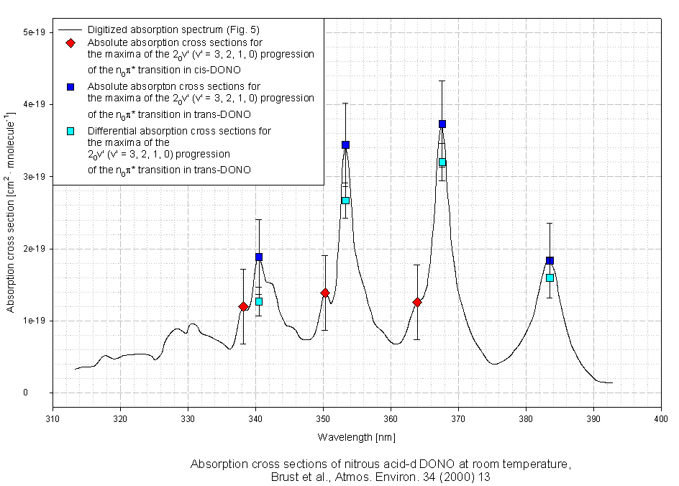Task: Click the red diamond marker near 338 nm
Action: pos(243,306)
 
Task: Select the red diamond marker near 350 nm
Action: pos(325,293)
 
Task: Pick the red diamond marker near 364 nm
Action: pos(416,302)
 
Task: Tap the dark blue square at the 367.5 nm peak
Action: pos(442,124)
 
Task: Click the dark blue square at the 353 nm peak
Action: pos(345,145)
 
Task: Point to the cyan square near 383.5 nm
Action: pos(550,278)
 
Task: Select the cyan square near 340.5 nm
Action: pos(259,301)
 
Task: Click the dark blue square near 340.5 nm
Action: pos(259,257)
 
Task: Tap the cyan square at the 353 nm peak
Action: pos(345,201)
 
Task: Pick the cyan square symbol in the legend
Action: pos(70,131)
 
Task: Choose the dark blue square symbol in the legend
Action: pos(70,86)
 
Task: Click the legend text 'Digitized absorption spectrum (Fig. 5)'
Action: pos(173,30)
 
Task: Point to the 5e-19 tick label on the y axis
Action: pos(34,32)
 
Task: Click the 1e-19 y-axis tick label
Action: pos(34,321)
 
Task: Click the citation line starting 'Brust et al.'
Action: pos(380,477)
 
